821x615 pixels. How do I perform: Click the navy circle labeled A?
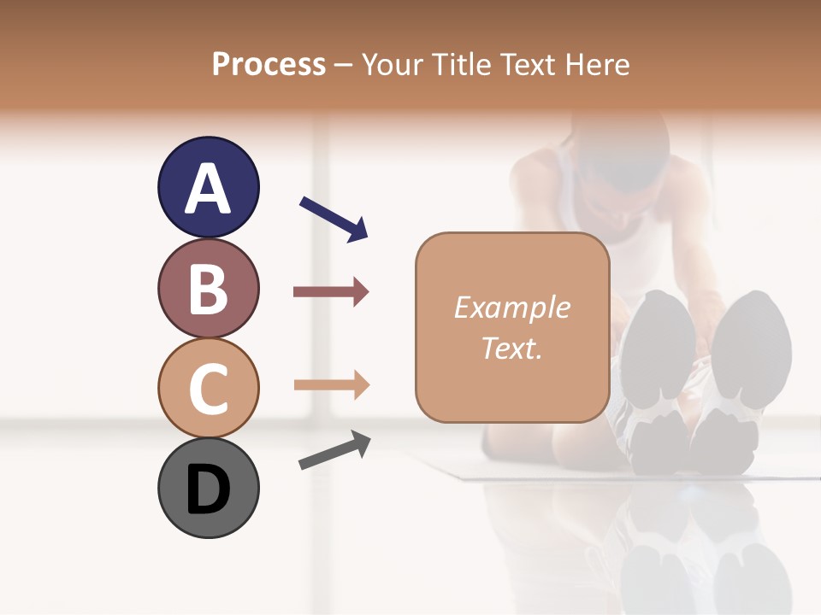click(x=208, y=187)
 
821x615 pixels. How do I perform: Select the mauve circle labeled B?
click(x=208, y=288)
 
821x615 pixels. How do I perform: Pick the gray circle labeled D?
click(x=208, y=488)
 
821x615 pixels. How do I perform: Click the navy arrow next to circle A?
click(x=334, y=218)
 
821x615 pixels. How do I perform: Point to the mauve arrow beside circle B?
click(x=331, y=292)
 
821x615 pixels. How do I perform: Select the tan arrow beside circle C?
click(x=331, y=384)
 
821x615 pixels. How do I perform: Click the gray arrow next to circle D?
click(x=334, y=450)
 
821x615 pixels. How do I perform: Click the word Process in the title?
click(x=269, y=65)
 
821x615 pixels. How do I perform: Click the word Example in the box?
click(x=511, y=307)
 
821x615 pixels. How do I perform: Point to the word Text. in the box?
click(x=511, y=348)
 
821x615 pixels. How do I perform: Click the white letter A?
click(x=208, y=189)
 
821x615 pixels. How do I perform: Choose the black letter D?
click(x=208, y=489)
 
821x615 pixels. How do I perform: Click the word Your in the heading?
click(x=388, y=65)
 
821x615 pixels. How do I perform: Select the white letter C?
click(x=208, y=389)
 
